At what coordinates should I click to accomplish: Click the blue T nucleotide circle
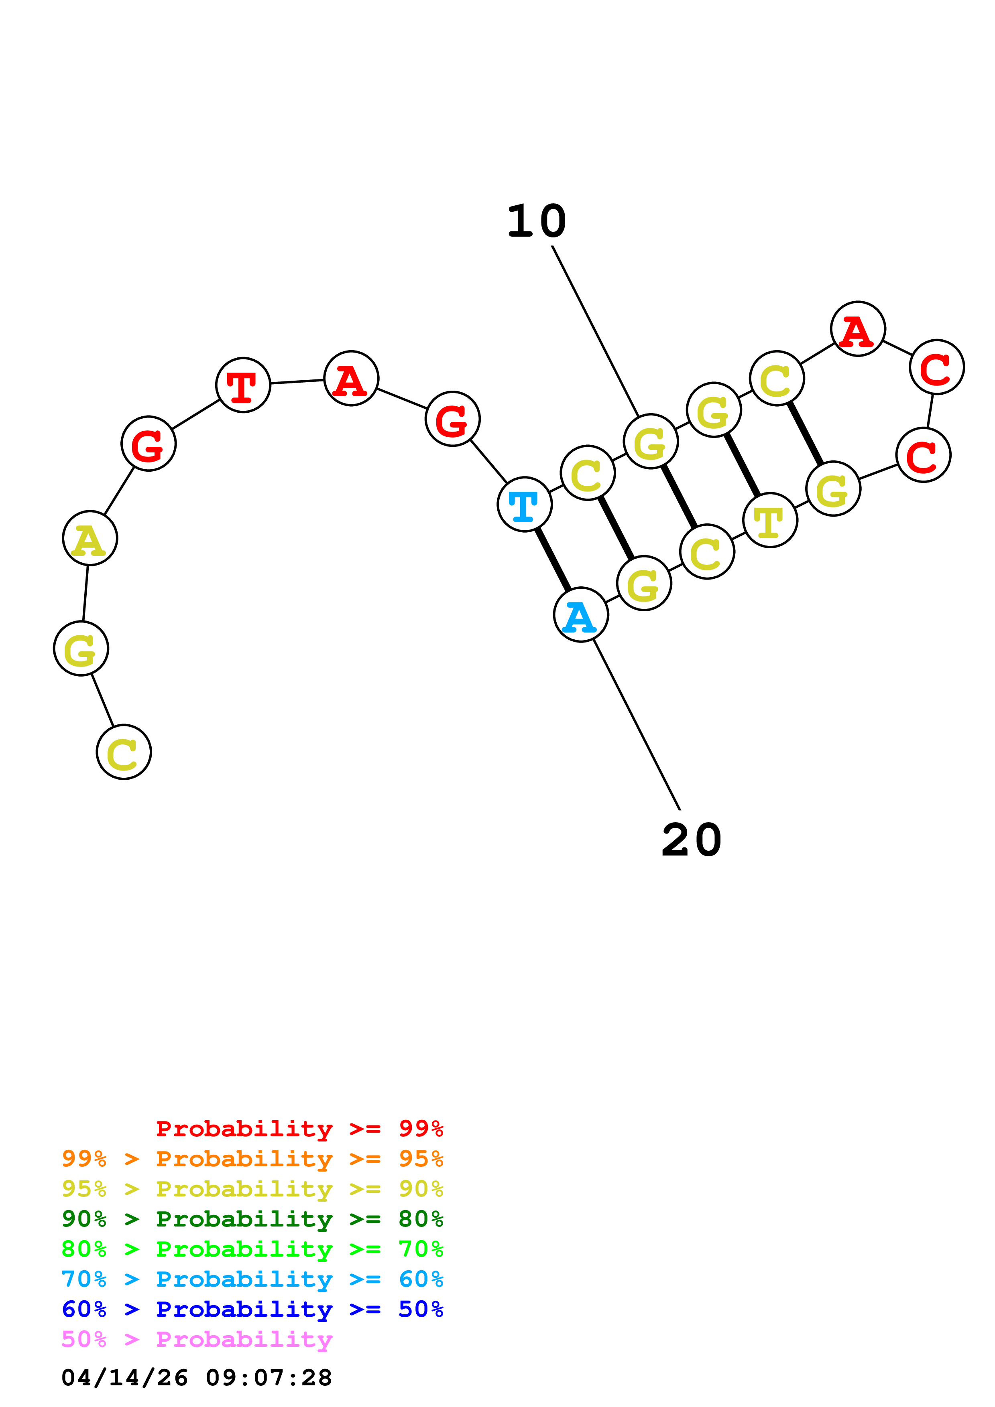pyautogui.click(x=524, y=504)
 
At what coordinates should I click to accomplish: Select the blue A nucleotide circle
pyautogui.click(x=580, y=614)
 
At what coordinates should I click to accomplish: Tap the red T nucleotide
pyautogui.click(x=243, y=385)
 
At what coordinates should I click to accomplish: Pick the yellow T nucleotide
pyautogui.click(x=770, y=520)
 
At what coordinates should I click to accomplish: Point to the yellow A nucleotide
pyautogui.click(x=90, y=538)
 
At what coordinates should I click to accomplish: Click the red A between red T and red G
pyautogui.click(x=351, y=379)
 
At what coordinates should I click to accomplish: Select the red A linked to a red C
pyautogui.click(x=858, y=329)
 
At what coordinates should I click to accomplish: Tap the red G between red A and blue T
pyautogui.click(x=452, y=419)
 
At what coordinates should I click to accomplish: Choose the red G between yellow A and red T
pyautogui.click(x=149, y=443)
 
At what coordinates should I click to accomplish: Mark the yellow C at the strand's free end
pyautogui.click(x=124, y=752)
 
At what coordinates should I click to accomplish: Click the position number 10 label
pyautogui.click(x=536, y=221)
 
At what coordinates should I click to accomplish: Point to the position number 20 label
pyautogui.click(x=692, y=840)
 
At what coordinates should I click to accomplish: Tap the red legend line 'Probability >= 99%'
pyautogui.click(x=299, y=1129)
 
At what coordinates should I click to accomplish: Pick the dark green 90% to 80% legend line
pyautogui.click(x=252, y=1219)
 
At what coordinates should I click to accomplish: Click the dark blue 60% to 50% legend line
pyautogui.click(x=252, y=1309)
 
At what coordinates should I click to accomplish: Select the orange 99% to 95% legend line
pyautogui.click(x=252, y=1159)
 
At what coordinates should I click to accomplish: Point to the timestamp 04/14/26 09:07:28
pyautogui.click(x=197, y=1378)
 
